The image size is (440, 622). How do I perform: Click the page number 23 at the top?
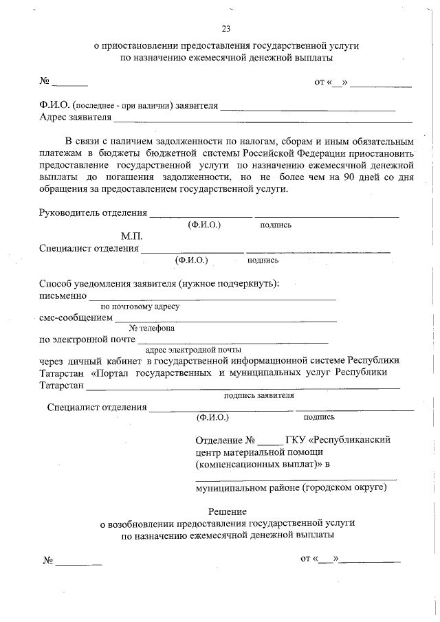(x=225, y=28)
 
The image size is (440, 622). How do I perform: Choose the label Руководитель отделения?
(x=93, y=212)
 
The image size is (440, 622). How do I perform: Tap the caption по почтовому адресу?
(x=140, y=307)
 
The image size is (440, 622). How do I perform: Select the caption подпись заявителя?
(x=258, y=395)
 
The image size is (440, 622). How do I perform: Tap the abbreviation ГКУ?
(x=296, y=439)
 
